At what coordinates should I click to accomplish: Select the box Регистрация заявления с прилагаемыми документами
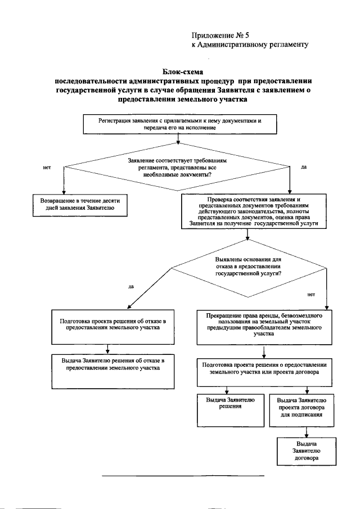[180, 124]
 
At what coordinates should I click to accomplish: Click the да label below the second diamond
[131, 287]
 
